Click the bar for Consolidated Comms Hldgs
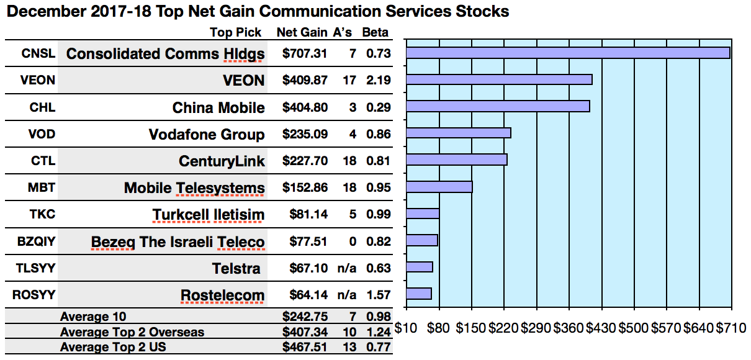click(x=568, y=53)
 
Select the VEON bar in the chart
click(x=499, y=79)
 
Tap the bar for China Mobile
click(x=498, y=106)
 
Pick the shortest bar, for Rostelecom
click(x=419, y=294)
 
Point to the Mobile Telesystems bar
click(x=439, y=187)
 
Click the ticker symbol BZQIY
click(x=34, y=241)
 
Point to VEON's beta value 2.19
click(x=379, y=80)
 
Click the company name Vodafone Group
click(x=207, y=135)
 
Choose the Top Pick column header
click(x=236, y=32)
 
